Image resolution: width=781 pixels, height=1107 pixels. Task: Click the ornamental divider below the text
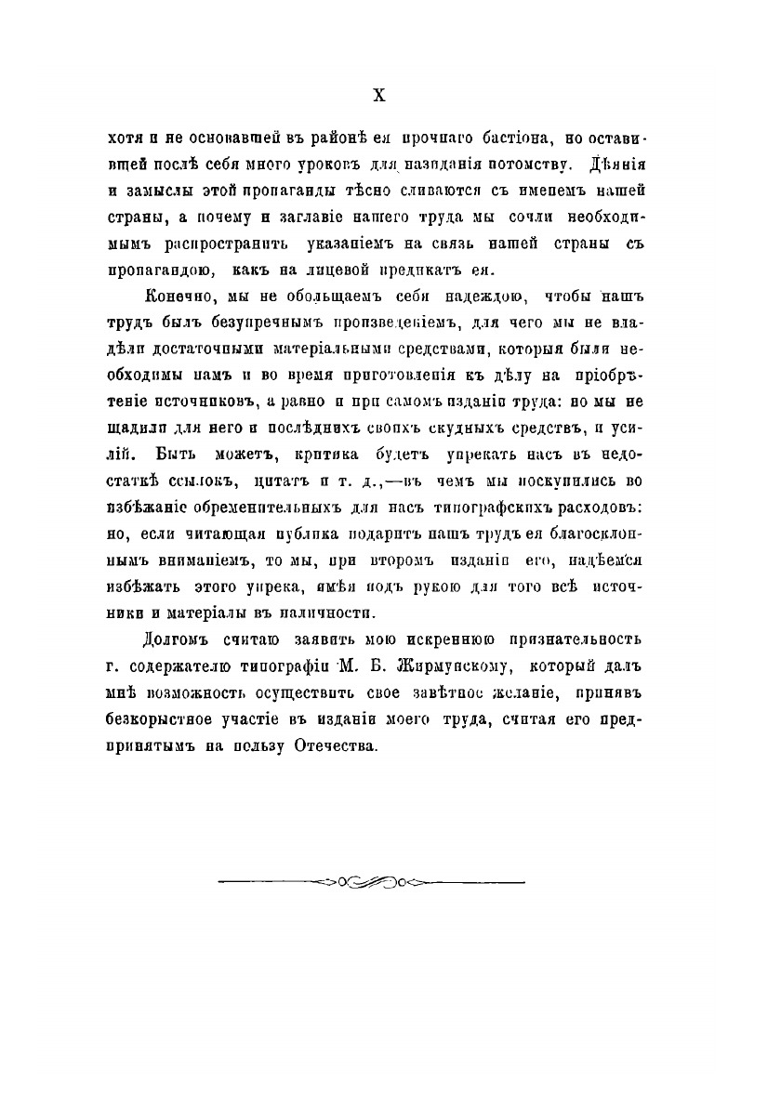pos(371,879)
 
